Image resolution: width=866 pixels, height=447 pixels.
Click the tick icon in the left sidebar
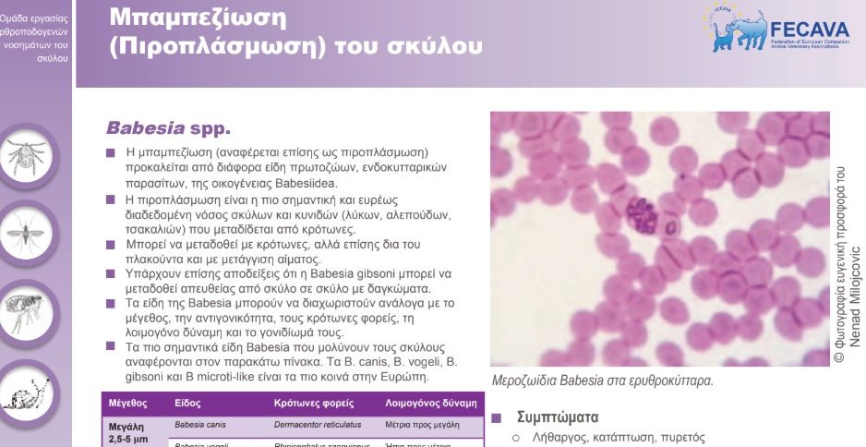pos(30,157)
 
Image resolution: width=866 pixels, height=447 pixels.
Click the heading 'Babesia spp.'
pos(168,126)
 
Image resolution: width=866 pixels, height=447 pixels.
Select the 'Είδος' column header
pos(187,404)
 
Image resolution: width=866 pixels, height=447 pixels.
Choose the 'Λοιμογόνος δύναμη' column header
pos(431,404)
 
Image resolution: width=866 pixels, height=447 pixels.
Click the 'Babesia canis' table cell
pos(200,426)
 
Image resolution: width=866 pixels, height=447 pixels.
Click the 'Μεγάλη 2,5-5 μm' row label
pos(128,432)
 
